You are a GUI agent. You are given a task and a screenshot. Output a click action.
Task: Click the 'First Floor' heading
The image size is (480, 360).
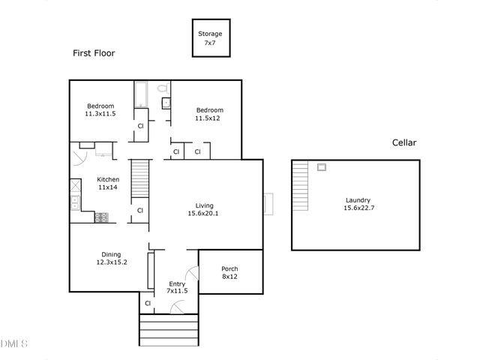click(94, 53)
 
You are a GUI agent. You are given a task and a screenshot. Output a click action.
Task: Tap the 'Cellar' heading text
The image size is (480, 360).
click(403, 142)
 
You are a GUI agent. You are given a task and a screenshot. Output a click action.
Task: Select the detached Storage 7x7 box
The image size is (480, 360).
click(209, 38)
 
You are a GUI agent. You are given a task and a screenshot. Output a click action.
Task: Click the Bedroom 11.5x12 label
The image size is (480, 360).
click(209, 114)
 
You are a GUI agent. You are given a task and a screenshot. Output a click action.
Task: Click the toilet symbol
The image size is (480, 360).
click(163, 89)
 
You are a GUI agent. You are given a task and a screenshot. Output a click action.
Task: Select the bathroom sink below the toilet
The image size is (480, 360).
click(166, 103)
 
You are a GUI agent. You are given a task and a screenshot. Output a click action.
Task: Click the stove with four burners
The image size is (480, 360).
click(101, 217)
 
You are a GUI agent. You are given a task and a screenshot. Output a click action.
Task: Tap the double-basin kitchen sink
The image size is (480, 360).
click(76, 202)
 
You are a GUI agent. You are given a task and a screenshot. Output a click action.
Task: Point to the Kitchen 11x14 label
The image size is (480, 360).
click(108, 184)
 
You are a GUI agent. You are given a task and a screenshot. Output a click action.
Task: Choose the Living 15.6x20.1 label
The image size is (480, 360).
click(204, 209)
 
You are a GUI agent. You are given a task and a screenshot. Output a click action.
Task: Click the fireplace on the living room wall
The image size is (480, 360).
click(268, 203)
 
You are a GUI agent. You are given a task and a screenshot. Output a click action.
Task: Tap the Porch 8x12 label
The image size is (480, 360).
click(230, 273)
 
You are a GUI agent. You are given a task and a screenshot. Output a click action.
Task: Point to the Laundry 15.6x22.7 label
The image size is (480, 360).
click(358, 204)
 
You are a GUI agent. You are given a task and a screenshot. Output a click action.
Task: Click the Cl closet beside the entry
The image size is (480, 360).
click(148, 303)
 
